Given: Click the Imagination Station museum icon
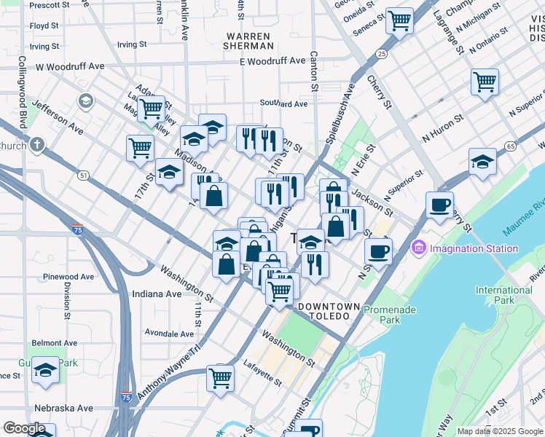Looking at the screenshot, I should pyautogui.click(x=419, y=248).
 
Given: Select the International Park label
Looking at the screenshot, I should pyautogui.click(x=503, y=295).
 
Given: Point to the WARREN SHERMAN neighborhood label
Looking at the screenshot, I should pyautogui.click(x=248, y=40).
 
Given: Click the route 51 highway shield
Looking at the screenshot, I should pyautogui.click(x=84, y=176).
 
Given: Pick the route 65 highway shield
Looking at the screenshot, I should pyautogui.click(x=509, y=146).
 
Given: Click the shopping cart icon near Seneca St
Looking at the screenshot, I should pyautogui.click(x=399, y=21).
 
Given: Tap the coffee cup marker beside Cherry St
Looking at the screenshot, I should pyautogui.click(x=439, y=205).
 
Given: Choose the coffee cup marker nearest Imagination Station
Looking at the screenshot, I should pyautogui.click(x=377, y=251).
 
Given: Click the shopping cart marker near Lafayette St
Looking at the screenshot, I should pyautogui.click(x=220, y=377).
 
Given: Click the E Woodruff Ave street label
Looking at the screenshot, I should pyautogui.click(x=272, y=61).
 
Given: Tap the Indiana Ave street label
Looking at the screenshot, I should pyautogui.click(x=157, y=294).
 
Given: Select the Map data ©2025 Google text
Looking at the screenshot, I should pyautogui.click(x=499, y=431).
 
